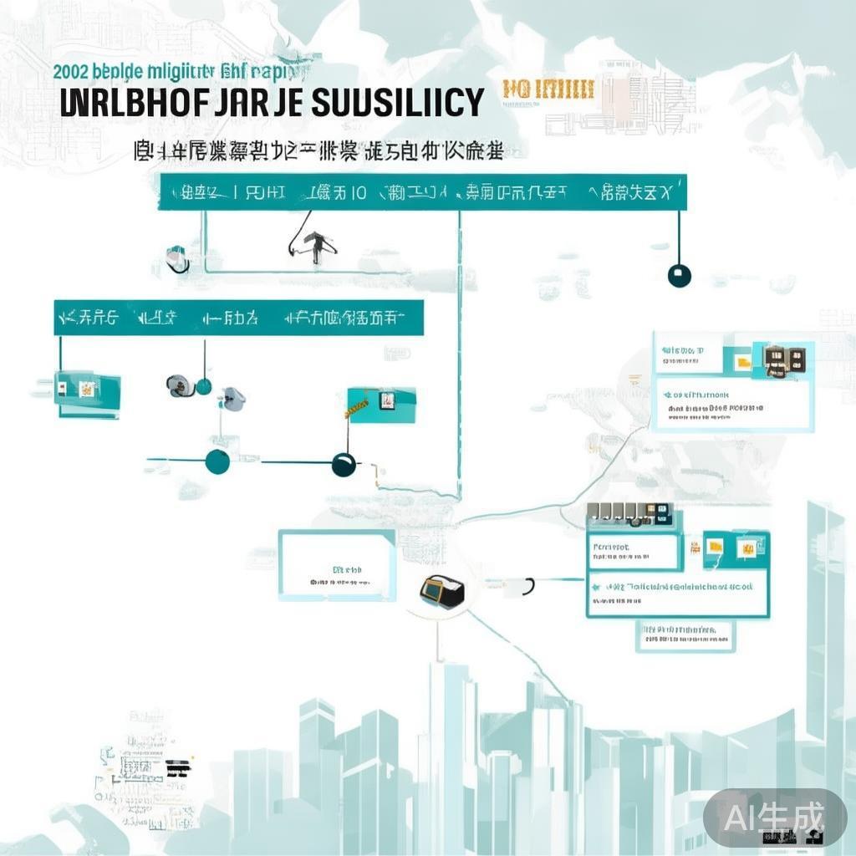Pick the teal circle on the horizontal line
(217, 461)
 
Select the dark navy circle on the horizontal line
(344, 464)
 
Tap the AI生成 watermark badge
(774, 816)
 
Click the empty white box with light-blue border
(337, 565)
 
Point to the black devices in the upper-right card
(784, 359)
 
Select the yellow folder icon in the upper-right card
(741, 363)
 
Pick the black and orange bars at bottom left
(178, 768)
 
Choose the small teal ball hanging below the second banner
(203, 385)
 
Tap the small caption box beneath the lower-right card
(684, 635)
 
